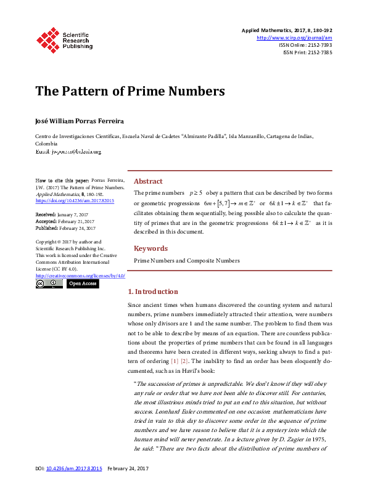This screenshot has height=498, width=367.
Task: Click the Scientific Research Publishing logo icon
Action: pyautogui.click(x=48, y=39)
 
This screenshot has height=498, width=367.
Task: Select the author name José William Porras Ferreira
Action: pyautogui.click(x=75, y=120)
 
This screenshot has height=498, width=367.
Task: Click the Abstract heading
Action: pyautogui.click(x=148, y=181)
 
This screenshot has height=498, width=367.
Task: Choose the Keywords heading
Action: pyautogui.click(x=151, y=248)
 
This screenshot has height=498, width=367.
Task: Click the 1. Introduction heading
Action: pyautogui.click(x=152, y=292)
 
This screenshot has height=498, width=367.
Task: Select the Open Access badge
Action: pyautogui.click(x=82, y=284)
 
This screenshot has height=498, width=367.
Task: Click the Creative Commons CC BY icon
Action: pyautogui.click(x=49, y=284)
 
